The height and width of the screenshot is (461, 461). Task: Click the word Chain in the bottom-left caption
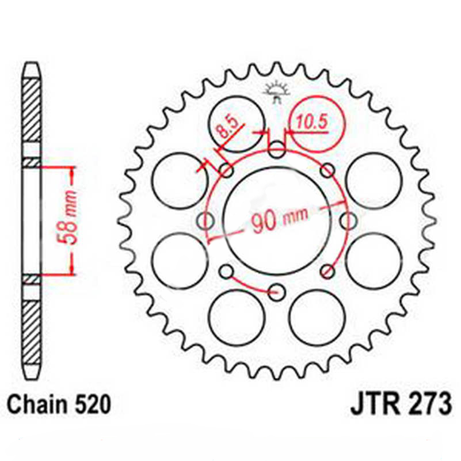tap(39, 405)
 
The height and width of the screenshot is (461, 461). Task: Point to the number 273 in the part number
tap(426, 405)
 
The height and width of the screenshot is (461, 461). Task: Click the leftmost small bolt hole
tap(205, 220)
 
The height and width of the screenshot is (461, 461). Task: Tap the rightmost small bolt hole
tap(348, 220)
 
